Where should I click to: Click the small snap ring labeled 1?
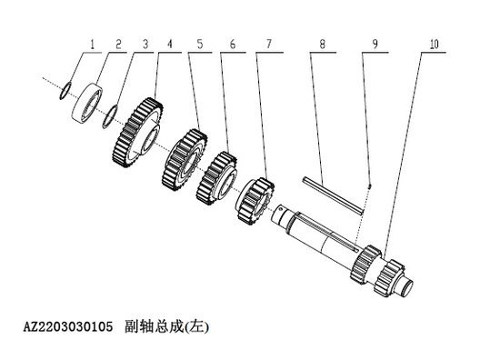tap(63, 89)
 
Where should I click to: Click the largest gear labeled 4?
tap(144, 133)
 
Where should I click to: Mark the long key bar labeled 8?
tap(334, 194)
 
